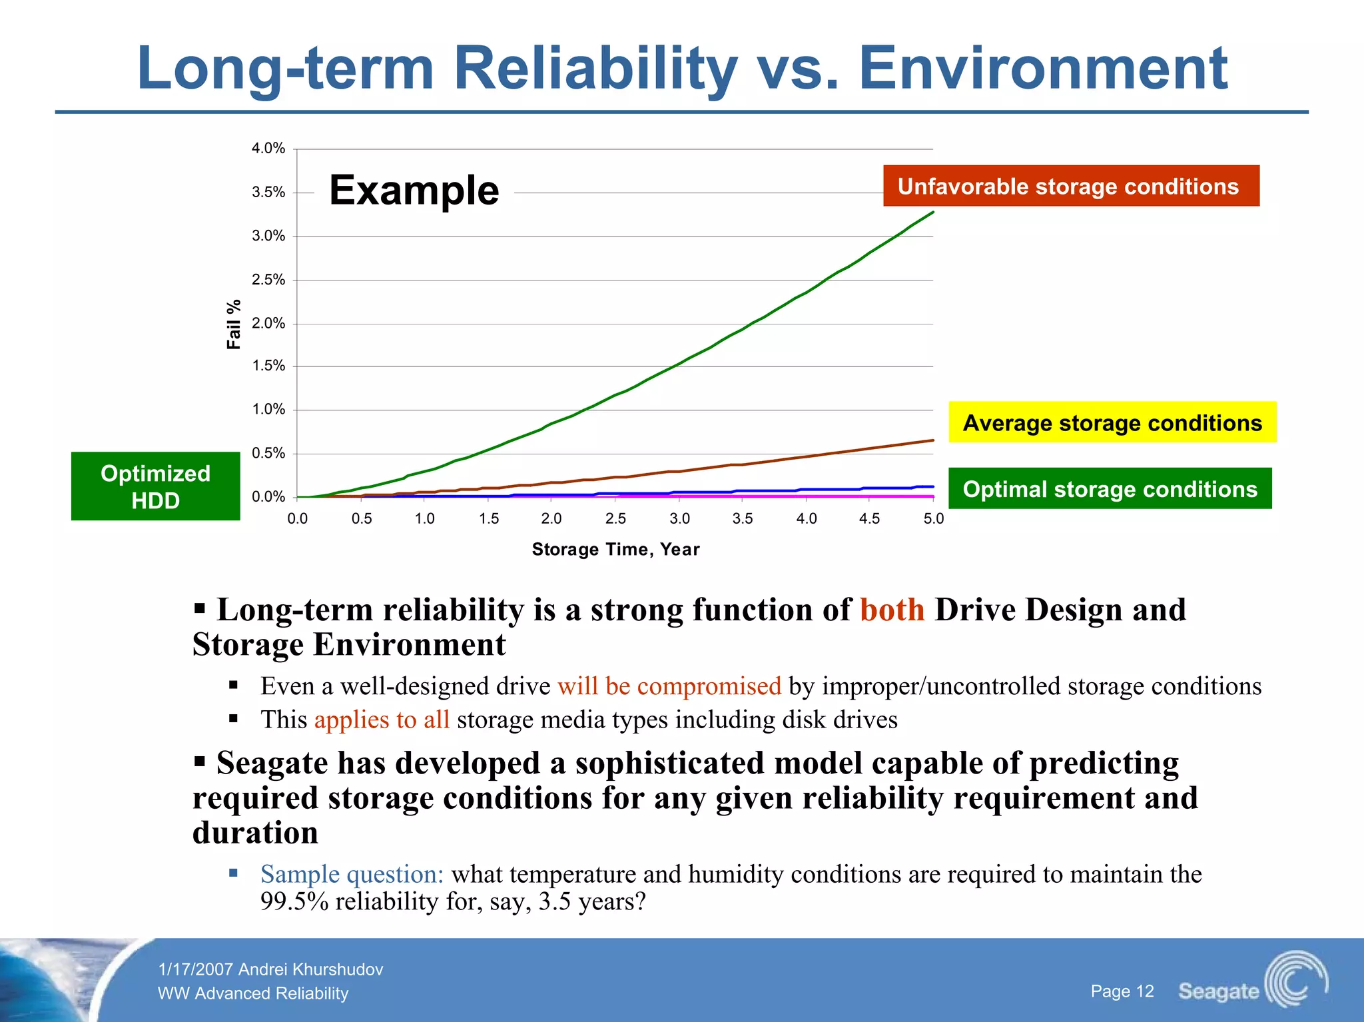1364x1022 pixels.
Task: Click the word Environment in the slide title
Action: (x=1043, y=69)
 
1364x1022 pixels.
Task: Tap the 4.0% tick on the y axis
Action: (x=268, y=149)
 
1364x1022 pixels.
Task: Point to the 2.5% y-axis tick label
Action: (x=268, y=280)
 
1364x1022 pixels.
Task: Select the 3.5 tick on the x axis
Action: (x=743, y=519)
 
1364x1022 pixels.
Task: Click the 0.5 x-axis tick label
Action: (x=362, y=519)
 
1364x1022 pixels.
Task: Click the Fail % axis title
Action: (x=234, y=324)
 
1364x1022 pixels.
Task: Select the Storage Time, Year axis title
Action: (x=615, y=550)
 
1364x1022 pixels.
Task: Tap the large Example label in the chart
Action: (x=414, y=191)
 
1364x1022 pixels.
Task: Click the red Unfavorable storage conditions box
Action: (x=1071, y=186)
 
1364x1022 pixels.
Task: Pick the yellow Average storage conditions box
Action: (x=1112, y=422)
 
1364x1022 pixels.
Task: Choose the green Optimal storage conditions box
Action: (x=1110, y=489)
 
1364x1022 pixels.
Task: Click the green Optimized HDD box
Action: (x=155, y=486)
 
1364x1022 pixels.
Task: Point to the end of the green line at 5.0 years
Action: (x=932, y=213)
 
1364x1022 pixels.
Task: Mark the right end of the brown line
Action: (x=932, y=440)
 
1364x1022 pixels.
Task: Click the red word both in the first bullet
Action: (x=892, y=610)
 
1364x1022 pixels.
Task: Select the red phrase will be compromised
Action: (x=669, y=686)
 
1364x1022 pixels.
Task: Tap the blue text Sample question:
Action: (x=352, y=874)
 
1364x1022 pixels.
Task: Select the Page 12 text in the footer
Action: (x=1122, y=991)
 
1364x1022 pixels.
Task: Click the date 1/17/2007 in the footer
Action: (x=196, y=969)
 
